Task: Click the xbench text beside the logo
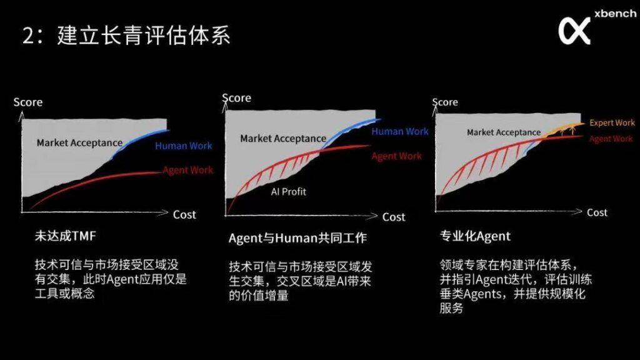[x=615, y=14]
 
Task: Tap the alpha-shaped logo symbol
[x=574, y=31]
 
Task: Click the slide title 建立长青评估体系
[x=144, y=36]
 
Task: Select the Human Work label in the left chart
[x=183, y=146]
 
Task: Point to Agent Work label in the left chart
[x=187, y=170]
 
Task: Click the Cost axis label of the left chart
[x=184, y=215]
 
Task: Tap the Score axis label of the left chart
[x=27, y=102]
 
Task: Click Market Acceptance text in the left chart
[x=79, y=143]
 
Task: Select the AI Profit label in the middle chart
[x=289, y=191]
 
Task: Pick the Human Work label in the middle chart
[x=400, y=131]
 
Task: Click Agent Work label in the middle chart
[x=397, y=156]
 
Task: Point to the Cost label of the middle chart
[x=394, y=217]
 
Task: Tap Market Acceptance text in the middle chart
[x=283, y=139]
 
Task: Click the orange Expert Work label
[x=612, y=122]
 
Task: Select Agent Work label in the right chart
[x=611, y=139]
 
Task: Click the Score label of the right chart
[x=445, y=102]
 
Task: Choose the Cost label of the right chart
[x=597, y=212]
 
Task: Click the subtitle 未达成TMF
[x=65, y=236]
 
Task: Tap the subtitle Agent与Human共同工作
[x=297, y=238]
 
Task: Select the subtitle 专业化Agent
[x=475, y=236]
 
